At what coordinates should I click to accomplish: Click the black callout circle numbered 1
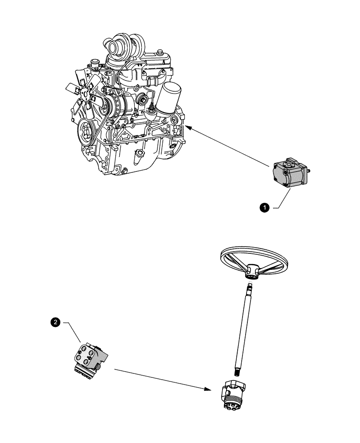(264, 207)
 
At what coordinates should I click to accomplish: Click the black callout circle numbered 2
(55, 323)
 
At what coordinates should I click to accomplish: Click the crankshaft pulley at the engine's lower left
(85, 132)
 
